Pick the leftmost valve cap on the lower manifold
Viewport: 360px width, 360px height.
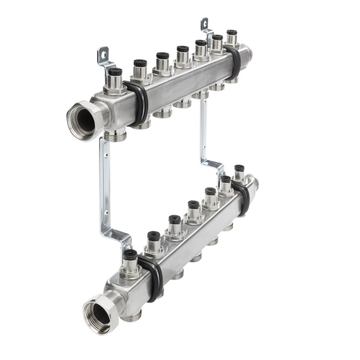tap(130, 254)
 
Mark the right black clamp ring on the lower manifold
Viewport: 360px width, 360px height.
tap(242, 197)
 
